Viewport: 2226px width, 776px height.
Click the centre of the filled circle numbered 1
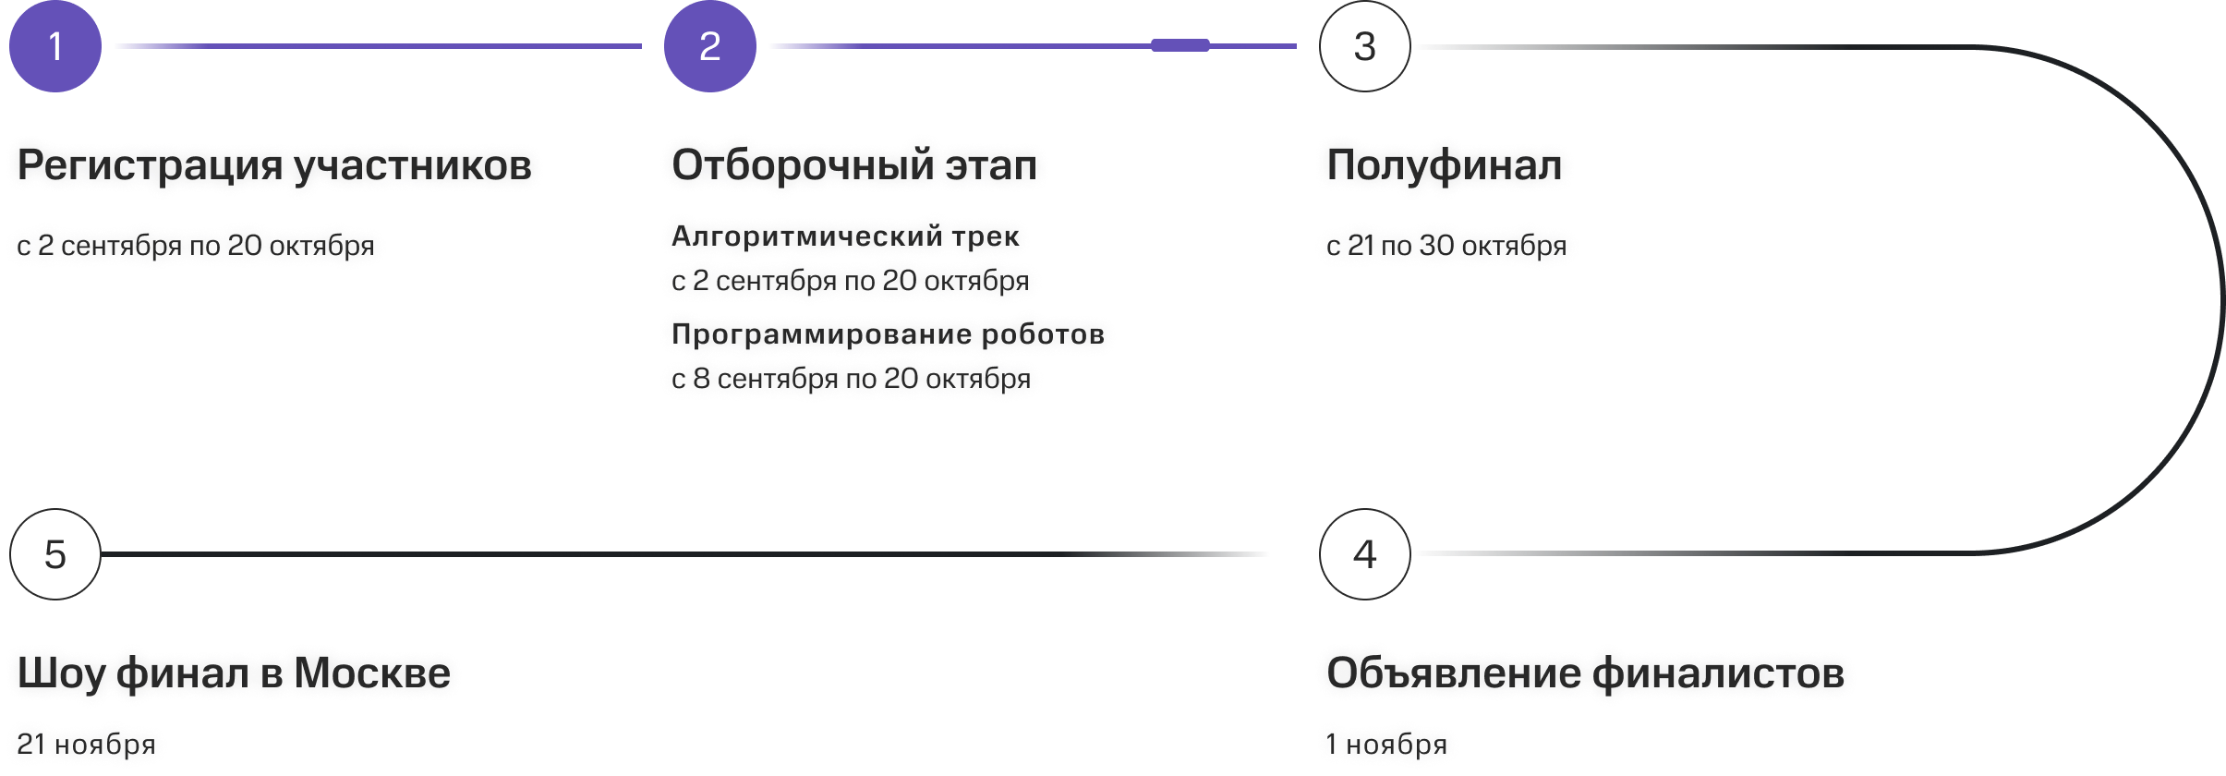[55, 46]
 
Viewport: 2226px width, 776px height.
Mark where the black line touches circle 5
[102, 554]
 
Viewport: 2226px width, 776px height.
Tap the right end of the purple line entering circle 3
[1297, 45]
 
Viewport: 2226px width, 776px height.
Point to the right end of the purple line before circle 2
[641, 45]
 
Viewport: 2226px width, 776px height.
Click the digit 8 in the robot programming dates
[702, 379]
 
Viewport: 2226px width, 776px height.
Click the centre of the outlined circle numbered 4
[1365, 554]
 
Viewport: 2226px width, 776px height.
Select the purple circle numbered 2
[710, 46]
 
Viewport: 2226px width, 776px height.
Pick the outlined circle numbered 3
[1365, 46]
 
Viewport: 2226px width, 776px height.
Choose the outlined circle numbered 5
[55, 554]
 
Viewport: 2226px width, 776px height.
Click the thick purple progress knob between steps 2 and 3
[1180, 45]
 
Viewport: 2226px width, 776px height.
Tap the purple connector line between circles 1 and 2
[379, 45]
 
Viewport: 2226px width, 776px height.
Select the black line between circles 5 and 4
[684, 554]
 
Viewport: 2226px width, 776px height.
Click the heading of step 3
[1445, 165]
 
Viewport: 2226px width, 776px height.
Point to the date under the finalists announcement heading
[1386, 744]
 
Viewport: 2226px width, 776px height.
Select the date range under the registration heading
[196, 246]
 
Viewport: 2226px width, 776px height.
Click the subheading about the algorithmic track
[845, 236]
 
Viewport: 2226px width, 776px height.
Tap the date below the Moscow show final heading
[87, 744]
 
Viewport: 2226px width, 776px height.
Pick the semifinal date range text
[1446, 246]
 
